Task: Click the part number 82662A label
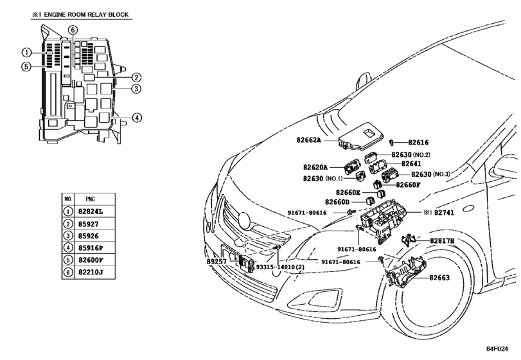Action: [x=308, y=140]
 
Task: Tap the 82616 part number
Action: [x=418, y=142]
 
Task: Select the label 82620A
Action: [x=315, y=167]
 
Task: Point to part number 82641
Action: [x=411, y=163]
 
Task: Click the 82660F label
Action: [x=408, y=184]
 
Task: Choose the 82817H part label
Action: [x=442, y=240]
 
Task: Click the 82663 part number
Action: [x=439, y=278]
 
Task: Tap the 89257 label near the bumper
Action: [x=216, y=262]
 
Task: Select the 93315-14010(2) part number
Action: [x=280, y=267]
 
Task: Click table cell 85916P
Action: [x=91, y=248]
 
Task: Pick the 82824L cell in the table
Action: [x=91, y=212]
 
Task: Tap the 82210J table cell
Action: [x=91, y=273]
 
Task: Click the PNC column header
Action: [x=91, y=199]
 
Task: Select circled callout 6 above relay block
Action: [x=73, y=30]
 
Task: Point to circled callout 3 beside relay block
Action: [x=136, y=89]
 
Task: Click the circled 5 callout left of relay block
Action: [x=26, y=66]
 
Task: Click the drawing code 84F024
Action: [x=497, y=348]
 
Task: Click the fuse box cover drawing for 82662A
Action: [x=361, y=137]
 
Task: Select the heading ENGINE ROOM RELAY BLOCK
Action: [x=86, y=15]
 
